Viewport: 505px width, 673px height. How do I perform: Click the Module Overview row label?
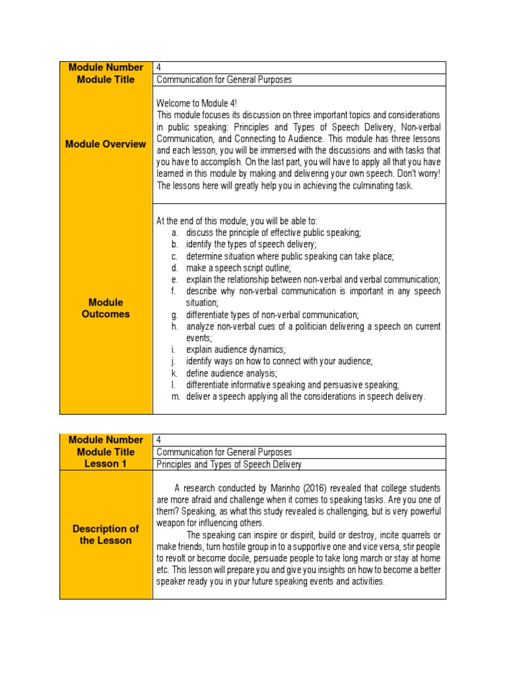pos(106,144)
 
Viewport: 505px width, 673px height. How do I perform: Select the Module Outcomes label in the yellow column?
pos(106,308)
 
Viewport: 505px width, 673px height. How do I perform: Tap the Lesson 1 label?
pos(106,464)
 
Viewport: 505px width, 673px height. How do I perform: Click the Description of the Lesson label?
pos(106,534)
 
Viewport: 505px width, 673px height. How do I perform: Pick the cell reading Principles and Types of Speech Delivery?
pos(229,465)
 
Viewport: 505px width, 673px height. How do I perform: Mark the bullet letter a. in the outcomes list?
pos(174,233)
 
